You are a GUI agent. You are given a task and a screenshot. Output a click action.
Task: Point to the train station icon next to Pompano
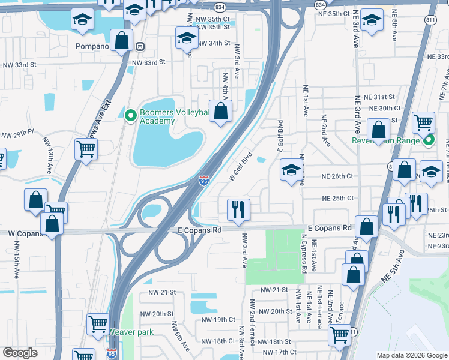click(140, 46)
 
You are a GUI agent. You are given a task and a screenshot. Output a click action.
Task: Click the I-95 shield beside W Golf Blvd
click(204, 179)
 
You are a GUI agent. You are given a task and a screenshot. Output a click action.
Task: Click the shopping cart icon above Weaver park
click(98, 324)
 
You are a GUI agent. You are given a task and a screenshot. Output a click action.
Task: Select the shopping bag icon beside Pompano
click(122, 41)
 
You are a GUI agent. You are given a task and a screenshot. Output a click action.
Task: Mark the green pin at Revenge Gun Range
click(428, 142)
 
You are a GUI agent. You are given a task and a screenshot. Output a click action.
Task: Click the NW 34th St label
click(213, 43)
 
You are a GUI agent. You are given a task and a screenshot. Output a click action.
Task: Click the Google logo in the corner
click(20, 353)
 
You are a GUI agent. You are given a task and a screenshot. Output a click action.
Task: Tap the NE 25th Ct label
click(339, 198)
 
